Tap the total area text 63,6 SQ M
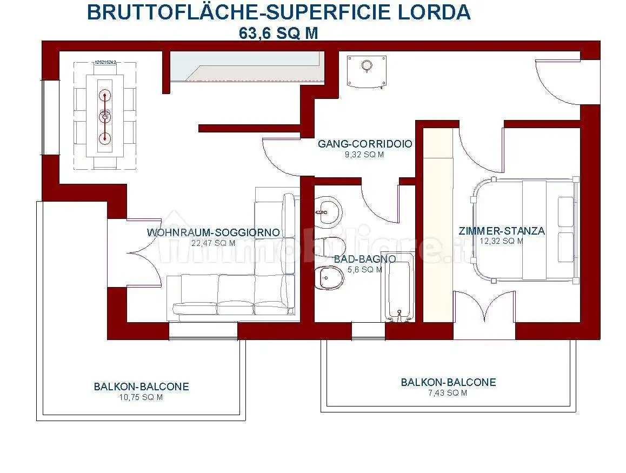(x=278, y=33)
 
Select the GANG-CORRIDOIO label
(x=365, y=144)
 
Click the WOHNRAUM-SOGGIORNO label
(x=214, y=233)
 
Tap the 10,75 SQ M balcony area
(x=141, y=397)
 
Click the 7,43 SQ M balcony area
(x=448, y=393)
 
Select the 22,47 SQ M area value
(x=214, y=243)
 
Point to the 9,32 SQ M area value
(x=365, y=155)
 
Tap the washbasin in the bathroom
(x=328, y=212)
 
